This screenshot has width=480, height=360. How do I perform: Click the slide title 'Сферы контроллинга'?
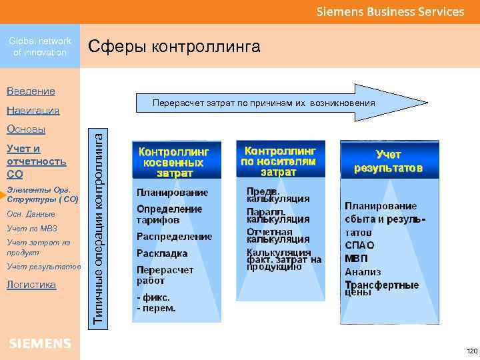(174, 47)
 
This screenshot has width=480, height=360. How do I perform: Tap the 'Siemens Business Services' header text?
(390, 11)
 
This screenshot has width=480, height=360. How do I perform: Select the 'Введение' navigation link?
(31, 91)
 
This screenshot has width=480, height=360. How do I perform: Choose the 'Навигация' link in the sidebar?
(33, 110)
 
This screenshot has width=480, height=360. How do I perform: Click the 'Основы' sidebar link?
(26, 129)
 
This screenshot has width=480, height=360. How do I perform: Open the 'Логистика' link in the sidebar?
(31, 285)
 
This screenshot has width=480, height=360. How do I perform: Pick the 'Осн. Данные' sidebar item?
(31, 214)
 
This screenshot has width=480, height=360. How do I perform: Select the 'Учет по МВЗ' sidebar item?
(31, 229)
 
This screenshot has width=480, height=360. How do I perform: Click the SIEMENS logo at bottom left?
(40, 343)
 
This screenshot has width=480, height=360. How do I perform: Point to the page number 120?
(472, 351)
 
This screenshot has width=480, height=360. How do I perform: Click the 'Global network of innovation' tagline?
(40, 47)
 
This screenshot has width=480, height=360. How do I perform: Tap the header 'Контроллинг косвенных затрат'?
(174, 162)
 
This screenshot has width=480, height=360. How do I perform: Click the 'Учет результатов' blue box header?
(388, 161)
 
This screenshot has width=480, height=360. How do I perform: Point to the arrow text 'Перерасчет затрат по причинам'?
(263, 103)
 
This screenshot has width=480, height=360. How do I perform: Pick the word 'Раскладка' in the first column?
(162, 253)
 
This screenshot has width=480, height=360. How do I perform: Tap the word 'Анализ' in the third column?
(363, 272)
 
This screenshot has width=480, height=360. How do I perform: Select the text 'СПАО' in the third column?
(359, 245)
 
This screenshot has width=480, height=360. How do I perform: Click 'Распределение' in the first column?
(174, 237)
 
